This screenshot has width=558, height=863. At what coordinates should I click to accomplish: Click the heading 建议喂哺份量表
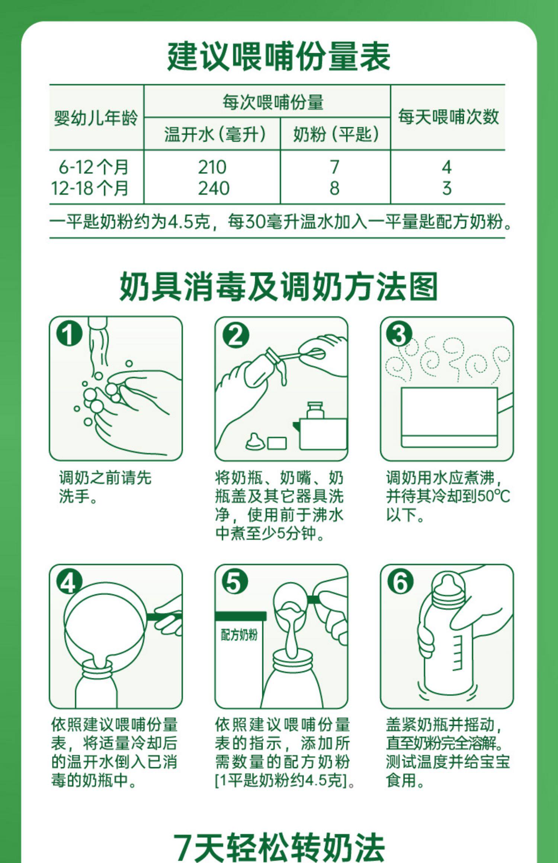279,56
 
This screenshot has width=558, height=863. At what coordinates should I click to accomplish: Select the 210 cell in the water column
212,167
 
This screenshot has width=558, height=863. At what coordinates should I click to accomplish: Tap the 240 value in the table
214,188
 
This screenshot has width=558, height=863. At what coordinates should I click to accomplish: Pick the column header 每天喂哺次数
448,117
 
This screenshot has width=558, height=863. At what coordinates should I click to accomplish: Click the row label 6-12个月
93,167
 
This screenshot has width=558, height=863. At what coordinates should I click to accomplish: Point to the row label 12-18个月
90,188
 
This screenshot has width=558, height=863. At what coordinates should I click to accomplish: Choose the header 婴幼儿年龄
96,118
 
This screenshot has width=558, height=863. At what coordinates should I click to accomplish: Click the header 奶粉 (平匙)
336,134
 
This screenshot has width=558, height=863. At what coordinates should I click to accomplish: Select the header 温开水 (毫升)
215,134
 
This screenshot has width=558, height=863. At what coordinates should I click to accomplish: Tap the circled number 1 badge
69,334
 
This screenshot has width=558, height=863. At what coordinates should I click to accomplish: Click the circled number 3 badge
399,334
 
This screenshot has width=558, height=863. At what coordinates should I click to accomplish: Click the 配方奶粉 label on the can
239,635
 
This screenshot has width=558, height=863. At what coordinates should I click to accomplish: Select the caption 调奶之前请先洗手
105,487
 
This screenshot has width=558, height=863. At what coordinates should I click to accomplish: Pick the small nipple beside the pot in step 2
255,441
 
